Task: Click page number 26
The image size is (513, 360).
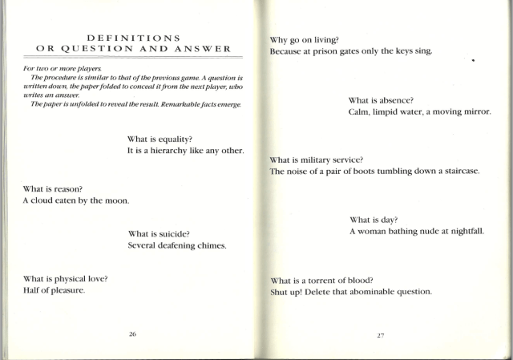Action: (x=132, y=333)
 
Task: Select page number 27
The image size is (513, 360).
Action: (x=380, y=334)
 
